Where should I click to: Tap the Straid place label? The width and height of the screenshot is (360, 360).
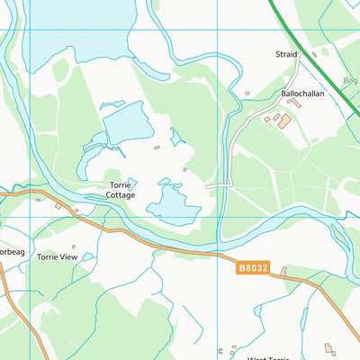click(x=286, y=55)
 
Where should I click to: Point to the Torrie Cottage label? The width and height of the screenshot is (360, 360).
click(x=120, y=190)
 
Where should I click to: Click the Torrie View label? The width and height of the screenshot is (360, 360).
click(x=56, y=256)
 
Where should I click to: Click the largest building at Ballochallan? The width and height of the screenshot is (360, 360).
click(x=283, y=120)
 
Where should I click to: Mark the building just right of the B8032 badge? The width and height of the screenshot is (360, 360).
click(x=283, y=270)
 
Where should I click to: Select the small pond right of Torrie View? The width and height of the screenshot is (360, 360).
click(x=87, y=257)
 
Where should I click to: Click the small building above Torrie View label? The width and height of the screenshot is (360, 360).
click(x=58, y=206)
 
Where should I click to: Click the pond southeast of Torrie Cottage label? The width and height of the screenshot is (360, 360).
click(x=172, y=205)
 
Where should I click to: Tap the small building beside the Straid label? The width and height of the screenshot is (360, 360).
click(x=314, y=54)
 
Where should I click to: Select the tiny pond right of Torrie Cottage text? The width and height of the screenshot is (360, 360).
click(x=132, y=182)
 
